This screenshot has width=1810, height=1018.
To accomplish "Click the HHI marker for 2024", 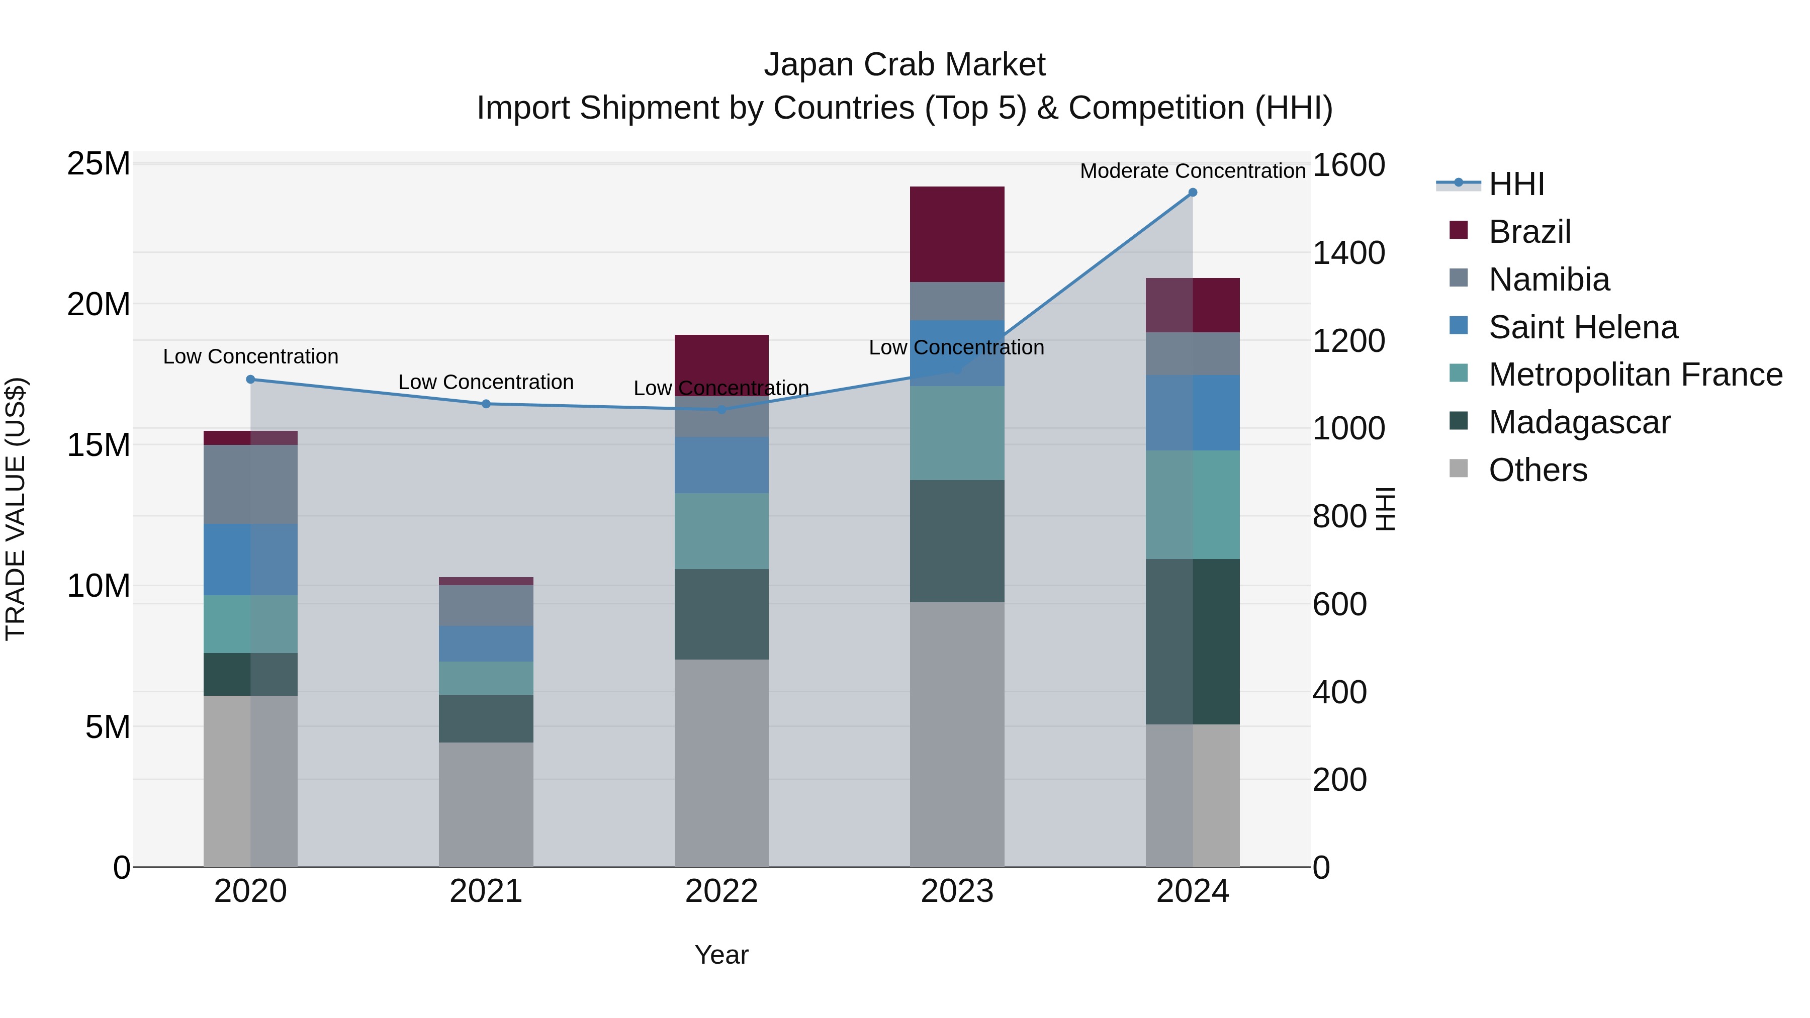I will [x=1193, y=193].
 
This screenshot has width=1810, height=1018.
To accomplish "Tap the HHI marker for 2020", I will [x=251, y=380].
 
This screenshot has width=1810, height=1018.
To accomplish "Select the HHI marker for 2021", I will [x=486, y=404].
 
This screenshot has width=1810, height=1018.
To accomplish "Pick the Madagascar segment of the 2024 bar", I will [x=1193, y=641].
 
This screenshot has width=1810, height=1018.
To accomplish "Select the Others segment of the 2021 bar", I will [x=486, y=804].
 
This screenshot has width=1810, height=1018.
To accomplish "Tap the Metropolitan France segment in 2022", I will [x=721, y=531].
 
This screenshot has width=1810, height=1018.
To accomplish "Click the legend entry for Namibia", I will [x=1549, y=280].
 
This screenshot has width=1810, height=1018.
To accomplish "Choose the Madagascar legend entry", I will [x=1579, y=422].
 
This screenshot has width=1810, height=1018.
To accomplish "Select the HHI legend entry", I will [x=1516, y=184].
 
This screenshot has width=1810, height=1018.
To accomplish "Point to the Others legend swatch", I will [x=1459, y=469].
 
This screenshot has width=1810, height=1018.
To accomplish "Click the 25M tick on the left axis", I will [x=99, y=164].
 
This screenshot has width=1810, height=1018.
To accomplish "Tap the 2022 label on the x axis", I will [x=721, y=891].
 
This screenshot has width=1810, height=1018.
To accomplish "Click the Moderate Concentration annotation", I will [x=1193, y=171].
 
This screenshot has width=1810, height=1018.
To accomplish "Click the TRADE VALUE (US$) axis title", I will [x=16, y=509].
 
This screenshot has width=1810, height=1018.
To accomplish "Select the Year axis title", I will [x=721, y=955].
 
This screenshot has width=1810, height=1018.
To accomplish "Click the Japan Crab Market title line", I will [x=904, y=65].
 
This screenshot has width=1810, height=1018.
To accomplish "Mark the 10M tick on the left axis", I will [x=99, y=586].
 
